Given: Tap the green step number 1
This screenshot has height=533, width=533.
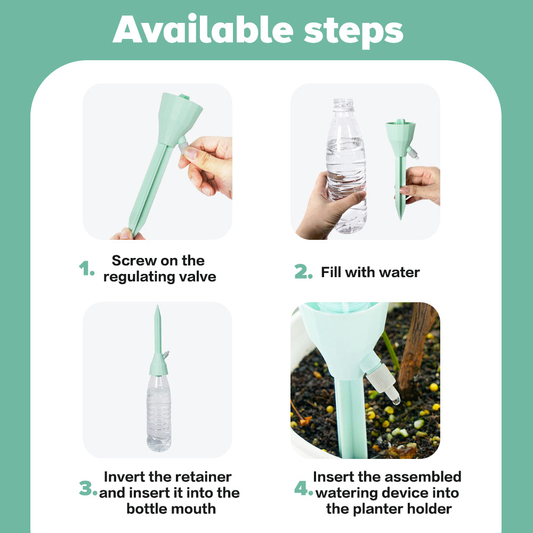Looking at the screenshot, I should (86, 269).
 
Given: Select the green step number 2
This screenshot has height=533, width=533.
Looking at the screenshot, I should (303, 272).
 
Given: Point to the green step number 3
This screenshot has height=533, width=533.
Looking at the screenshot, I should (87, 489).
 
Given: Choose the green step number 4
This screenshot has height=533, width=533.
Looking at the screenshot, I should (303, 489).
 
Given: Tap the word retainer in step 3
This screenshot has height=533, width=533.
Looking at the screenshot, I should (204, 477).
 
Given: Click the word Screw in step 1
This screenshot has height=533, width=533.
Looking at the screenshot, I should (133, 261).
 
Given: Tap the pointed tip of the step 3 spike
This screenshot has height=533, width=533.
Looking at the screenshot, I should (157, 309).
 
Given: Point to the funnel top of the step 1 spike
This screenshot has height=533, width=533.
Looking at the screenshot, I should (181, 109).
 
